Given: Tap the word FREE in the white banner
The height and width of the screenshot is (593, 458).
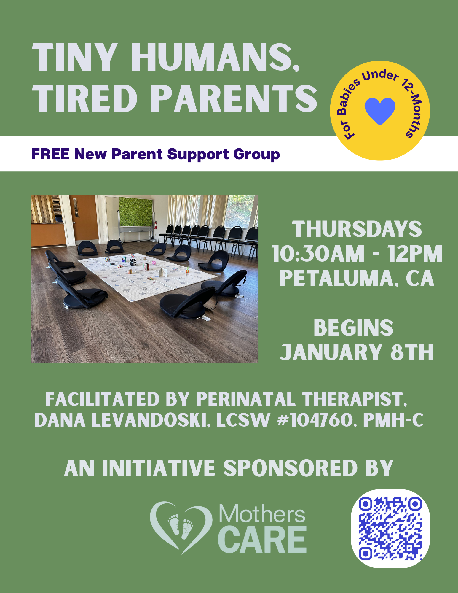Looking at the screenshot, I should (x=50, y=154).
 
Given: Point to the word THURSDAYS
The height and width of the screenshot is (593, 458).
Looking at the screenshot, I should (x=357, y=229).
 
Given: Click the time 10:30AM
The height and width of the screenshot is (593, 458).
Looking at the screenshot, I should (x=318, y=254).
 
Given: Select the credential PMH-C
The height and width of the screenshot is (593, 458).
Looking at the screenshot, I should (x=393, y=420).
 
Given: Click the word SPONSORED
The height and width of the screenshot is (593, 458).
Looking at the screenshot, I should (x=290, y=468).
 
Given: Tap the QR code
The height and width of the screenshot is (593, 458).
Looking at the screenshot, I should (x=390, y=529).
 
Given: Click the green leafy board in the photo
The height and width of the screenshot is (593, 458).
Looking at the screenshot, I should (x=136, y=212).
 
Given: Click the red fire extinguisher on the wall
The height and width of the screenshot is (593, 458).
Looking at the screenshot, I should (x=155, y=225).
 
